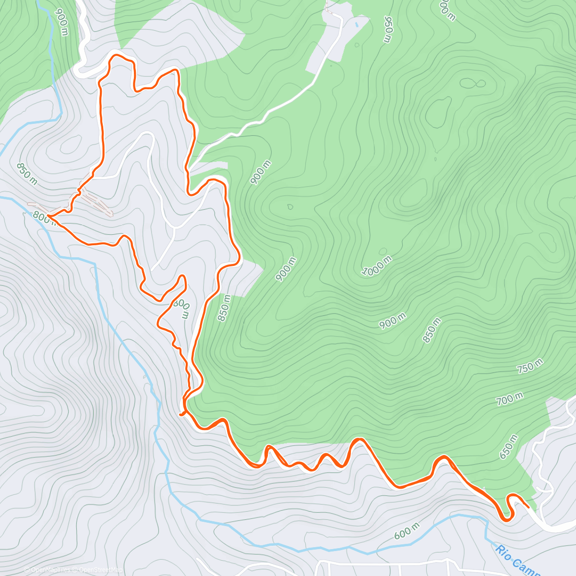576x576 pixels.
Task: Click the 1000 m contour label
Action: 377,266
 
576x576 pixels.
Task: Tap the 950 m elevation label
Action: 388,29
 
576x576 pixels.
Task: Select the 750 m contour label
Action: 530,366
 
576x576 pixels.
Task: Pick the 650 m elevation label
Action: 509,447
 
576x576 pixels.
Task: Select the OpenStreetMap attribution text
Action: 98,570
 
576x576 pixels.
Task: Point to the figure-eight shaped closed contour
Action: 473,84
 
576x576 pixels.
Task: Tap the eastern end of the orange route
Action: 528,507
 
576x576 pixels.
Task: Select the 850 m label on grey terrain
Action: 27,174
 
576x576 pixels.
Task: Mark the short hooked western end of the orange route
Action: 181,413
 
